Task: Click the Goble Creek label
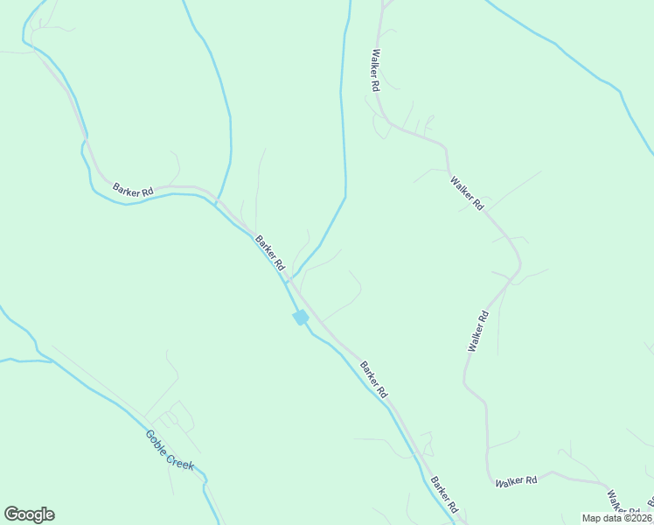170,451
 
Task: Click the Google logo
29,514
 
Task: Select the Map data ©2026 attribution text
616,518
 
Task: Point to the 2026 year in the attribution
640,518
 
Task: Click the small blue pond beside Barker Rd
301,317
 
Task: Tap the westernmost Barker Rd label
133,189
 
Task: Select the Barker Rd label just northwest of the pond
270,252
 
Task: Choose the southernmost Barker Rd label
443,495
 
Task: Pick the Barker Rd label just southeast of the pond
373,381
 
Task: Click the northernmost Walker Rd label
375,71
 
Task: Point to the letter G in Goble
150,435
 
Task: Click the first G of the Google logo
11,514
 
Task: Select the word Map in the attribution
591,518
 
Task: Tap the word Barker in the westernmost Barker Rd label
127,187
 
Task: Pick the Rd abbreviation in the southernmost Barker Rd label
452,506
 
